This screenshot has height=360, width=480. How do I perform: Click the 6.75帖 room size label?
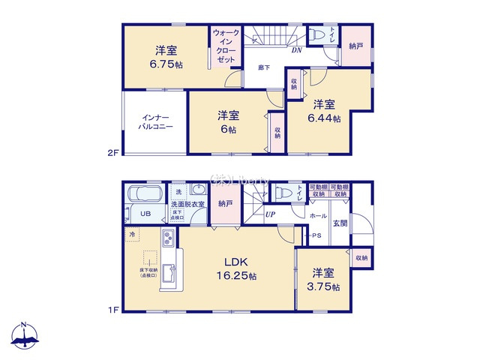point(166,64)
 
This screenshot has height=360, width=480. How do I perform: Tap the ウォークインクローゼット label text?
point(225,46)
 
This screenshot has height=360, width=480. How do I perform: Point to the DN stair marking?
point(296,50)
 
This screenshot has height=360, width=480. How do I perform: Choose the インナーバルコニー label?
point(155,122)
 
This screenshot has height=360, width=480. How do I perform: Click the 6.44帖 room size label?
point(324,118)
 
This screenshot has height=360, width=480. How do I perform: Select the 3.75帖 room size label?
point(324,286)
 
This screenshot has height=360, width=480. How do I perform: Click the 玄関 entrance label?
point(339,223)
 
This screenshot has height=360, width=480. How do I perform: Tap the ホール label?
point(318,215)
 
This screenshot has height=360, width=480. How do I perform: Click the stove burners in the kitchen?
point(168,241)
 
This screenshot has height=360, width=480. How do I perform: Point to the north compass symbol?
point(25,336)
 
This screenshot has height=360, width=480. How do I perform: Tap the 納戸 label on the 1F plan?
point(224,202)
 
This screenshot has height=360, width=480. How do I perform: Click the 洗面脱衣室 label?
point(187,204)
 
